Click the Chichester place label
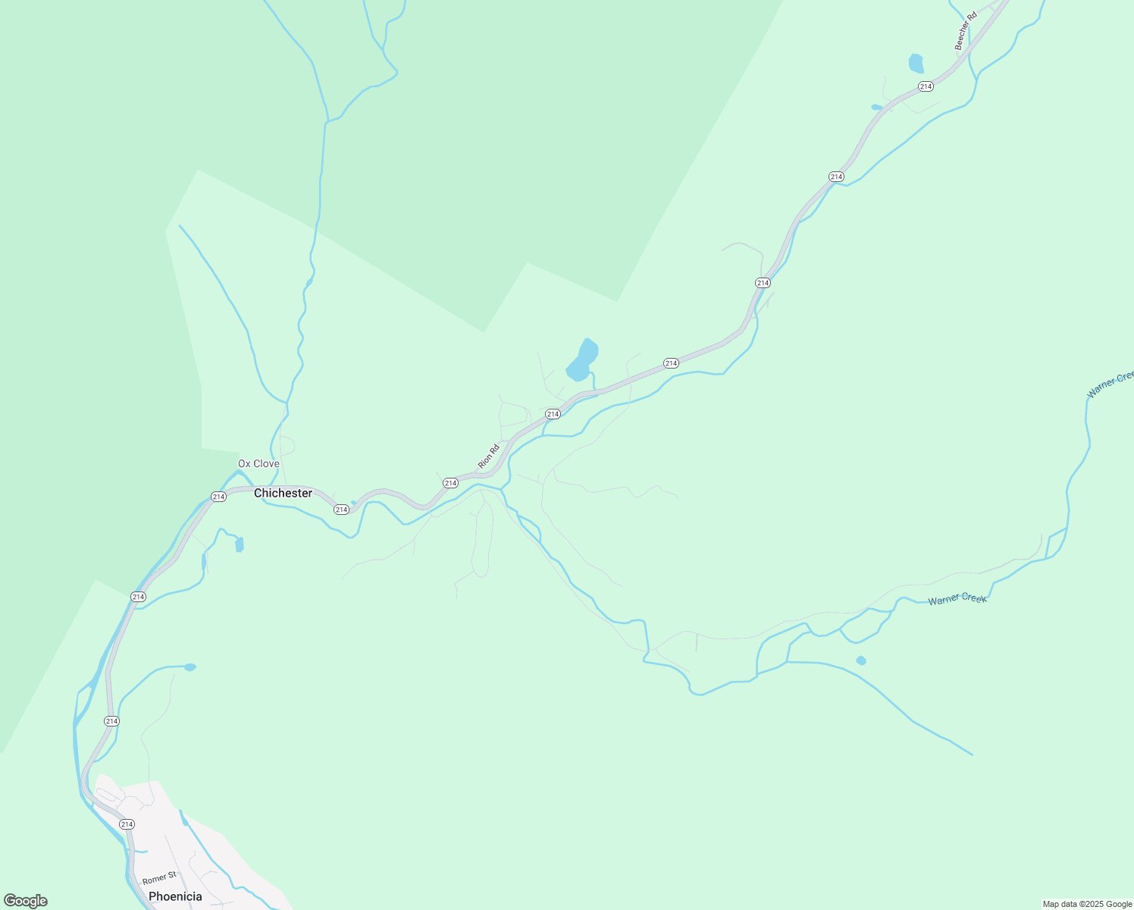[283, 493]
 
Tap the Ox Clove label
[258, 463]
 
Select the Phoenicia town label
[175, 896]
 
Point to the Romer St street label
[159, 878]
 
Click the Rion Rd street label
[488, 456]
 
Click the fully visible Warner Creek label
[957, 599]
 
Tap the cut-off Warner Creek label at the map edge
[1111, 384]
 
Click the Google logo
[25, 901]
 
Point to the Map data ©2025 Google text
[1087, 904]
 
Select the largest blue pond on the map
[582, 360]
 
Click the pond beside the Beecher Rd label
[916, 63]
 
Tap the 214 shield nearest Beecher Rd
[925, 86]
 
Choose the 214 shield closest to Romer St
[127, 824]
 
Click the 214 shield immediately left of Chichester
[218, 497]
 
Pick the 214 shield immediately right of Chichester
[341, 509]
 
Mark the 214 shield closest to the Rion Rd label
[450, 483]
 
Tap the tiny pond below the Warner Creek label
[860, 661]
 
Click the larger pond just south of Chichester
[240, 544]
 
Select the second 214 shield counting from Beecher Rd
[835, 177]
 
